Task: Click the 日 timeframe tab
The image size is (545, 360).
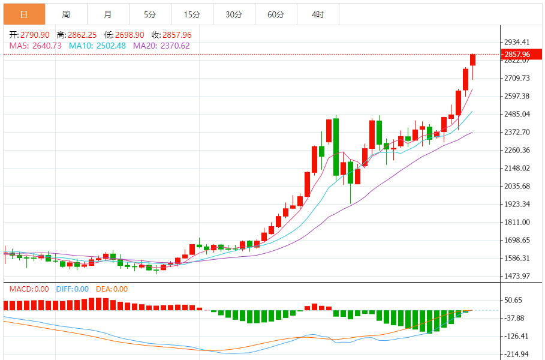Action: (x=24, y=14)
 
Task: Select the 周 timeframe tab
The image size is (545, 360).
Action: (x=66, y=14)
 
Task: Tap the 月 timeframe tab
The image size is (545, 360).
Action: (x=108, y=14)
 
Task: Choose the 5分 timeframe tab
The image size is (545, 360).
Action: (x=150, y=14)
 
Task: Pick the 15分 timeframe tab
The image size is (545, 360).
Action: (x=192, y=14)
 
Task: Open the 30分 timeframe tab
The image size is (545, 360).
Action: (x=234, y=14)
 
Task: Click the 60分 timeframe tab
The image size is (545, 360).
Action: (x=276, y=14)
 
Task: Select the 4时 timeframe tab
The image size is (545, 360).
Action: (x=318, y=14)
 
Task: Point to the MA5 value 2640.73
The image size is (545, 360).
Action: (x=35, y=46)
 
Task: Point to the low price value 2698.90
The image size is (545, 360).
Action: (x=123, y=35)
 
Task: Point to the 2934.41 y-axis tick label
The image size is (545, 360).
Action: (x=517, y=42)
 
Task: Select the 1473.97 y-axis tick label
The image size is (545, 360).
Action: (x=517, y=276)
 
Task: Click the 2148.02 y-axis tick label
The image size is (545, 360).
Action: (x=517, y=168)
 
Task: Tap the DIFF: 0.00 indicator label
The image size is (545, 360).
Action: (x=73, y=289)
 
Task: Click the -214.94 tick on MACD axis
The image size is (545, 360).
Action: (x=517, y=354)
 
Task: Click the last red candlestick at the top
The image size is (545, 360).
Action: (x=473, y=59)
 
